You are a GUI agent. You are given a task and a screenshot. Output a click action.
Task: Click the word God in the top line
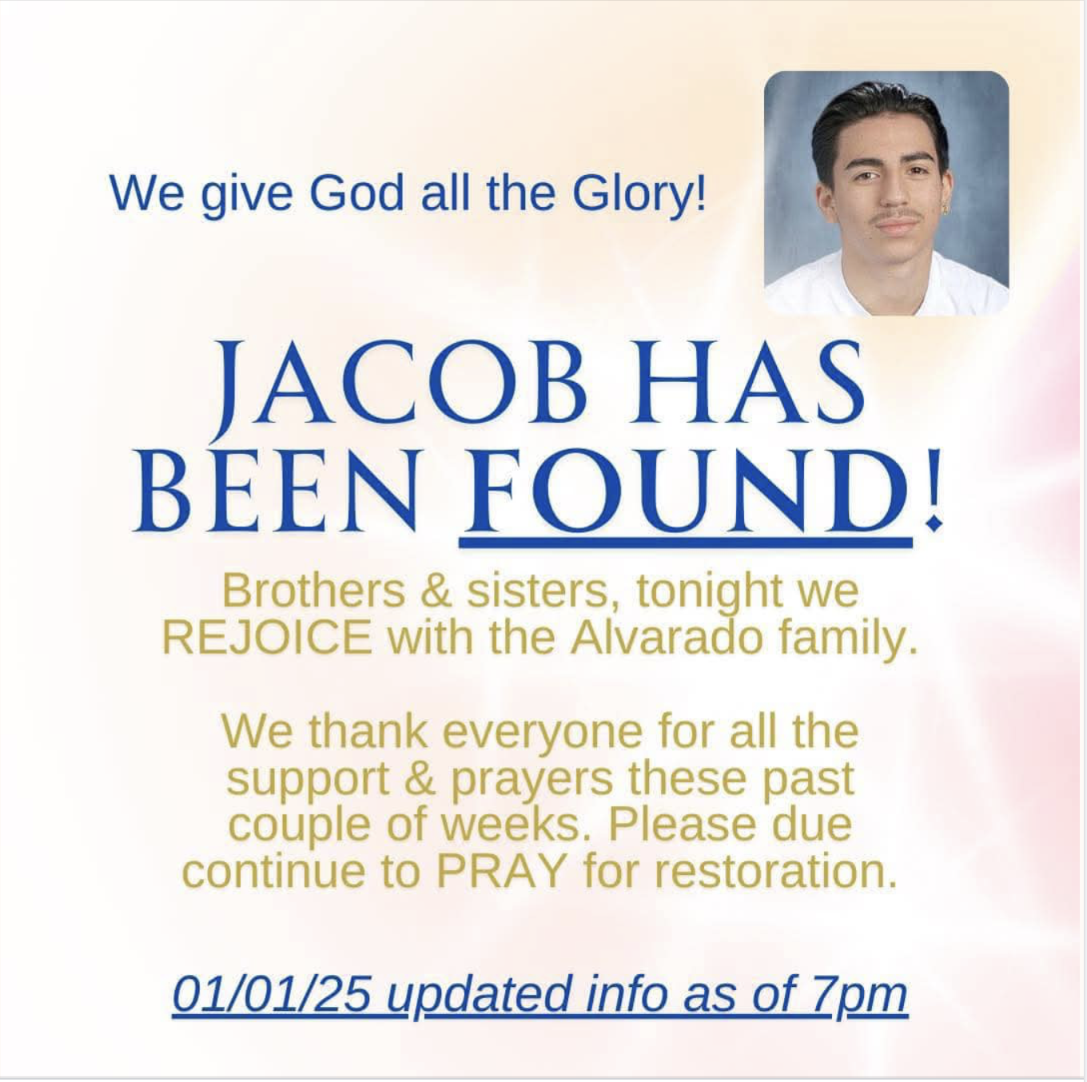[356, 194]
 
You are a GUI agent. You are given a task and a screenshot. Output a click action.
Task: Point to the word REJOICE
[267, 638]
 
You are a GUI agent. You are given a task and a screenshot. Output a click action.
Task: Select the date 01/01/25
[272, 994]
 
